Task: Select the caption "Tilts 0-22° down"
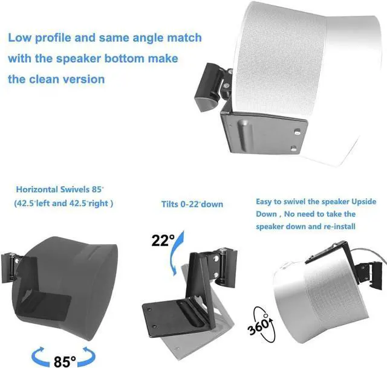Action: click(192, 204)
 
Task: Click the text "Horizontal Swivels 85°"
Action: click(64, 189)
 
